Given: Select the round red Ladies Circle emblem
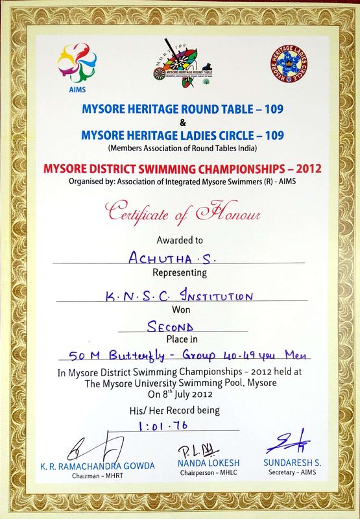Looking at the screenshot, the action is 289,64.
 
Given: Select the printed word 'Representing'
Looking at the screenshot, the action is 179,273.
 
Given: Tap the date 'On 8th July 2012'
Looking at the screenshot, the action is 180,393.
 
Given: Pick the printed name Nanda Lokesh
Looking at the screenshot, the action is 200,463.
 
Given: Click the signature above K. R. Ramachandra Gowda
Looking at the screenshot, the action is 94,448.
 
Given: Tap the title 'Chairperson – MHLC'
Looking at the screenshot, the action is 200,474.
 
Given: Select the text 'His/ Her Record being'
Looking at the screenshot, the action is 180,410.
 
